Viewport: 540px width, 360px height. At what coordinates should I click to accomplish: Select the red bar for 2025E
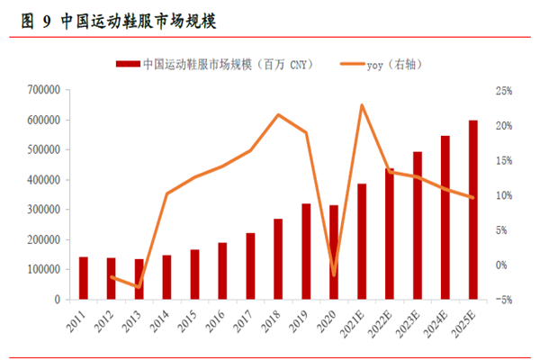pyautogui.click(x=473, y=210)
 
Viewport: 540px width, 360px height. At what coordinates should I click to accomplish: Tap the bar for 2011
pyautogui.click(x=84, y=278)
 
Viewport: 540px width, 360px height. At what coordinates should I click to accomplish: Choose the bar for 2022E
pyautogui.click(x=390, y=234)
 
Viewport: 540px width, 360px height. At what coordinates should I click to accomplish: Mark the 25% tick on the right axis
pyautogui.click(x=502, y=91)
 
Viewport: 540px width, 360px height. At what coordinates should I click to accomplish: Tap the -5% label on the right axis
pyautogui.click(x=502, y=300)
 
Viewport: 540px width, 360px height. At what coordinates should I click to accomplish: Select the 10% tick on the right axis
pyautogui.click(x=502, y=195)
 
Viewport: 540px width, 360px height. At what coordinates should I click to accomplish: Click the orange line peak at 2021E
pyautogui.click(x=362, y=105)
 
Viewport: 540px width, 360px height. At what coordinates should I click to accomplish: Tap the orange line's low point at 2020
pyautogui.click(x=334, y=274)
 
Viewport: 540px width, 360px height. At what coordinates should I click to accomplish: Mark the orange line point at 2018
pyautogui.click(x=278, y=114)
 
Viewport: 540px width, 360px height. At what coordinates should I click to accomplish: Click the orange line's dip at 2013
pyautogui.click(x=139, y=287)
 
